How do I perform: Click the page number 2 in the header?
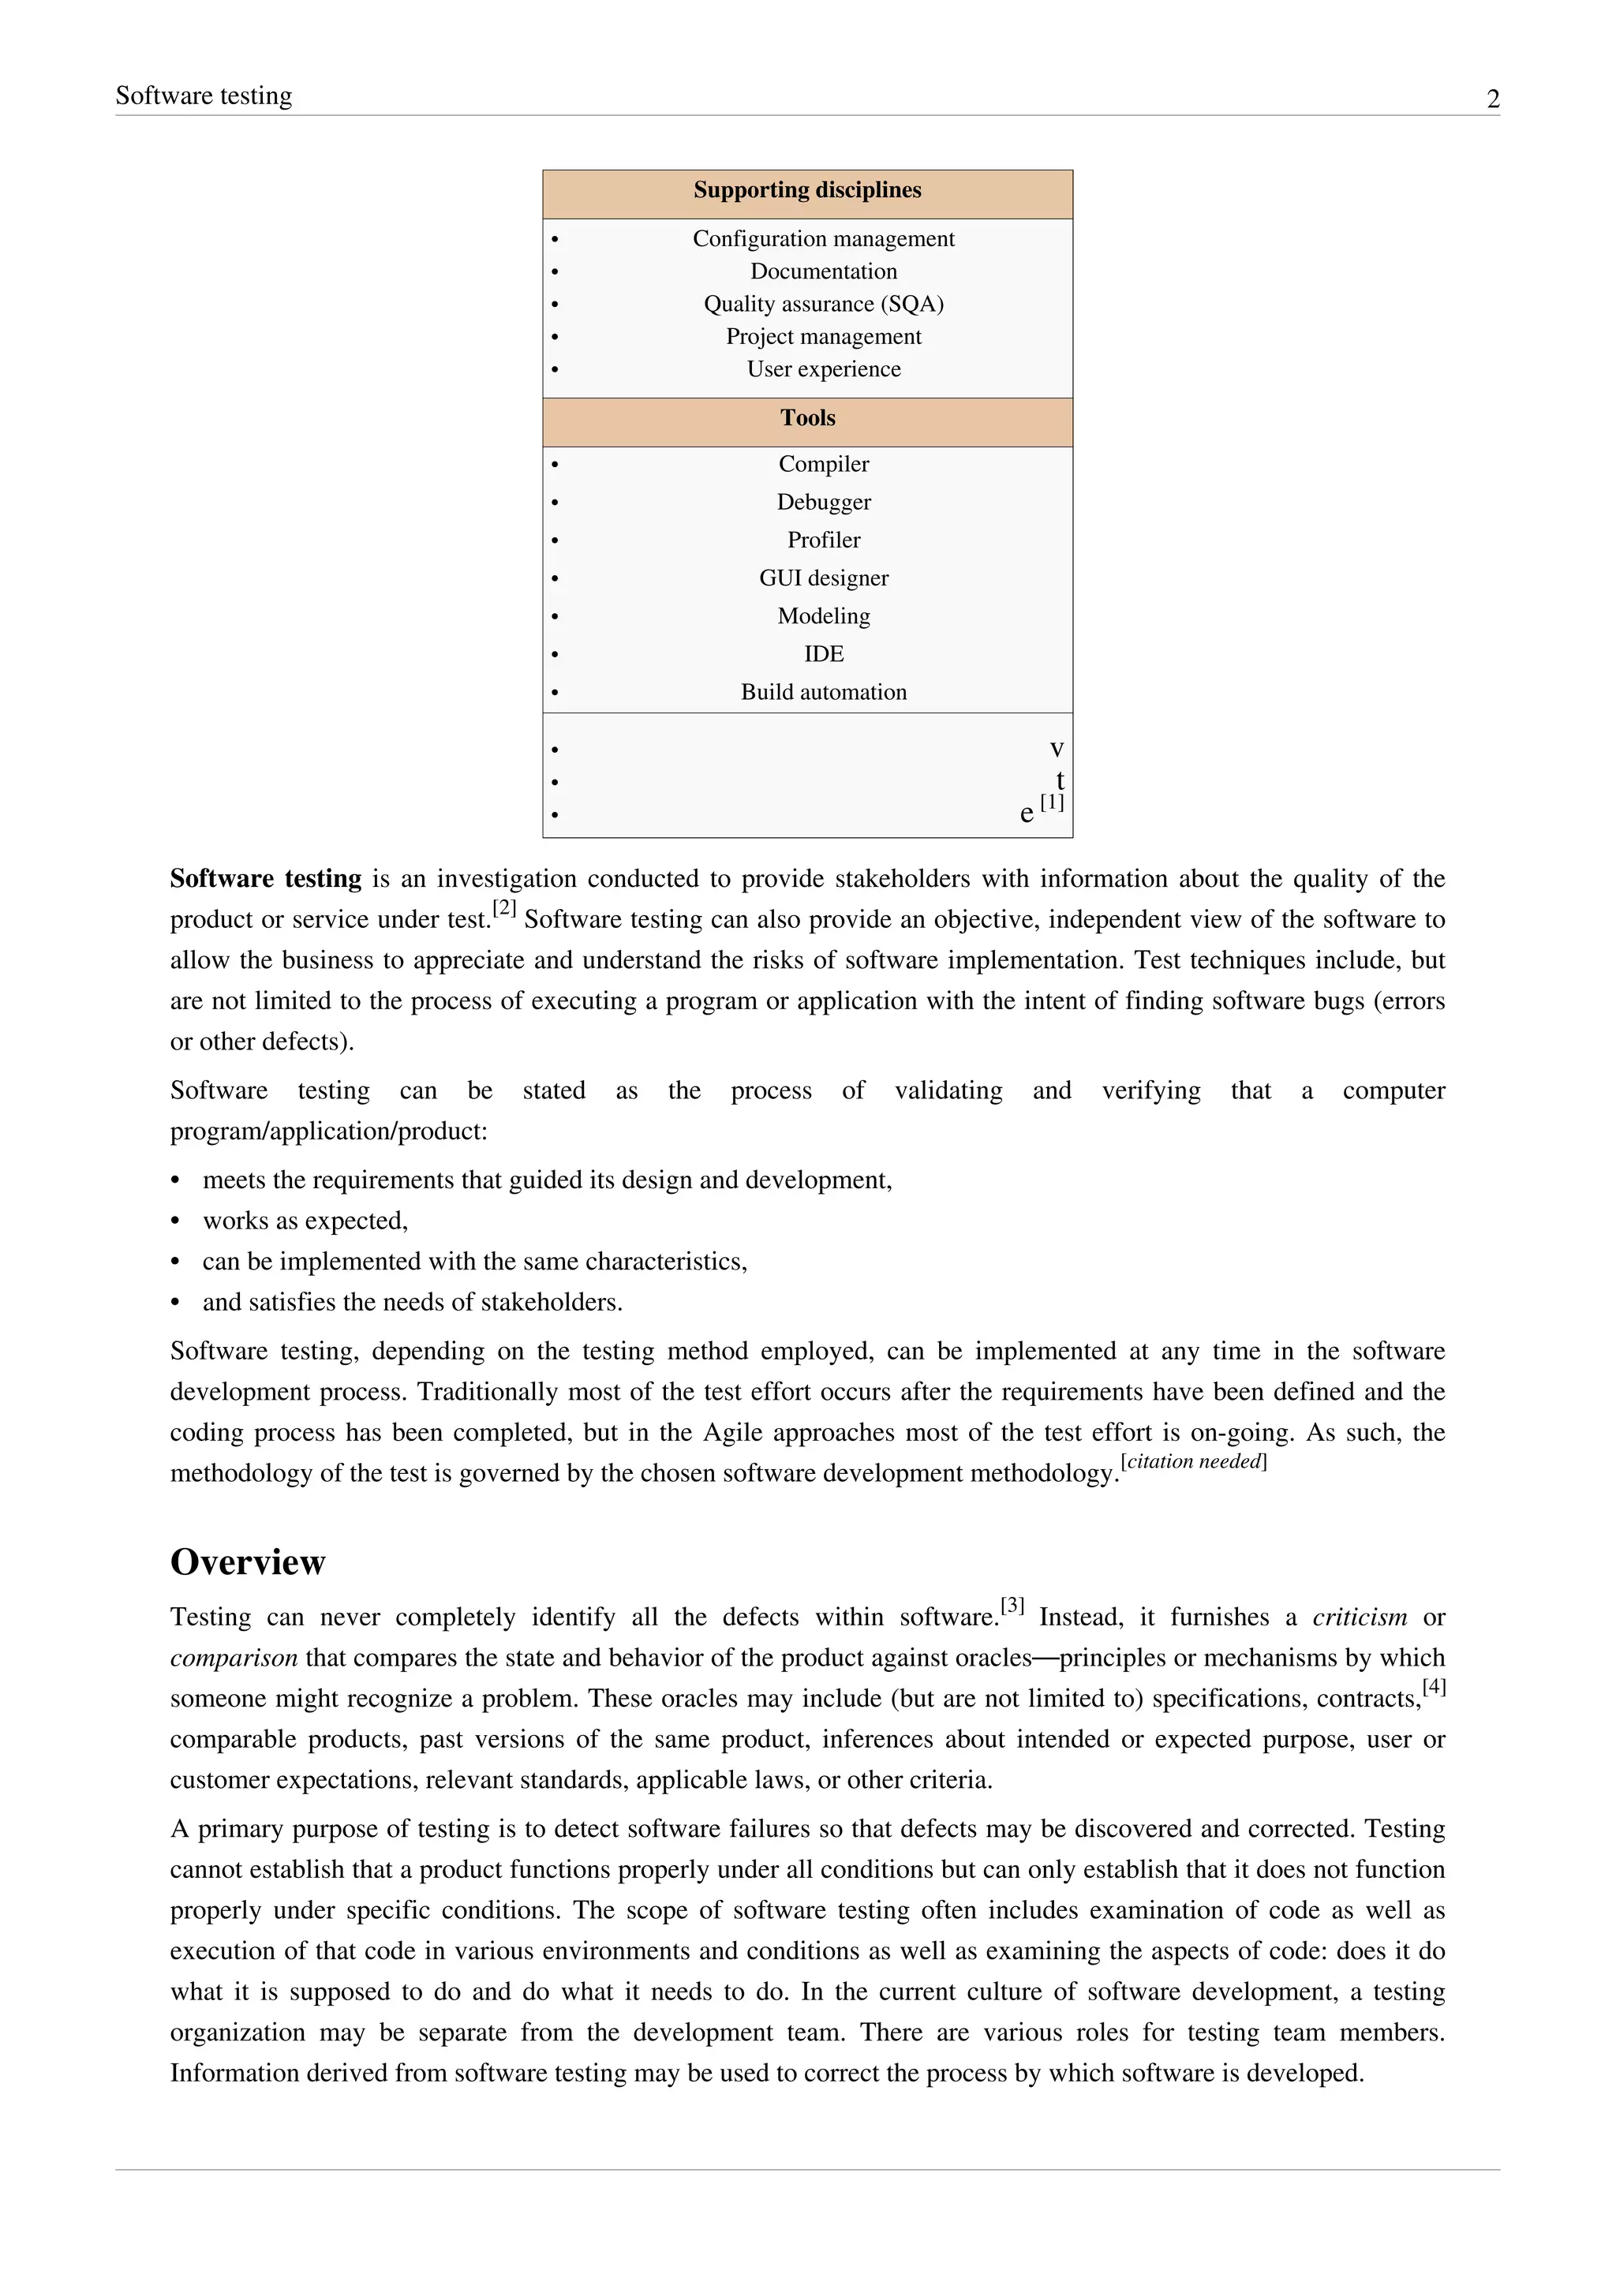coord(1493,99)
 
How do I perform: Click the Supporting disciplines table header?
coord(807,190)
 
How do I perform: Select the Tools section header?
coord(807,418)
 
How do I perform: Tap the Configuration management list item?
coord(823,239)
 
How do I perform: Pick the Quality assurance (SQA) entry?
coord(823,304)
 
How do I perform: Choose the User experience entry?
coord(823,369)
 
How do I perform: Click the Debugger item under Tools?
coord(823,502)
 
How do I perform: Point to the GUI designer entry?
coord(823,578)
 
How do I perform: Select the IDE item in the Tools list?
coord(823,654)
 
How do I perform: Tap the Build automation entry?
coord(823,692)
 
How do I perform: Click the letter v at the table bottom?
coord(1057,749)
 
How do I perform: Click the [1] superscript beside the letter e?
coord(1052,802)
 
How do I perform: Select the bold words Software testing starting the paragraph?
coord(266,879)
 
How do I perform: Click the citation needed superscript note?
coord(1193,1462)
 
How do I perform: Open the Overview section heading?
coord(248,1562)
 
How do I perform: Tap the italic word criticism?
coord(1360,1617)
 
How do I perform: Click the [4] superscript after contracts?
coord(1433,1687)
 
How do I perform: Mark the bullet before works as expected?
coord(176,1221)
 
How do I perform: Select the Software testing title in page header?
coord(204,95)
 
